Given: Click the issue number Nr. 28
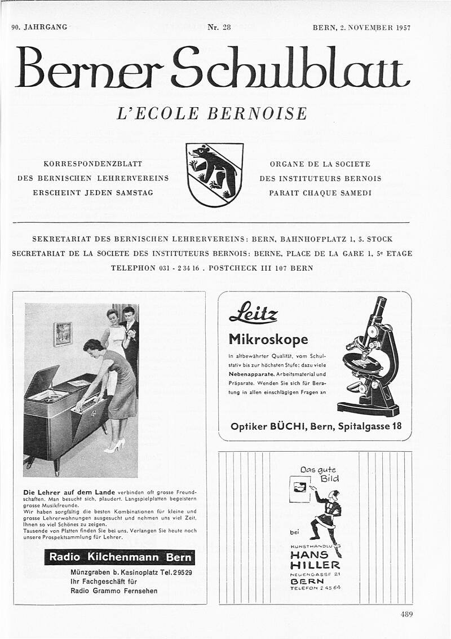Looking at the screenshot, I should point(219,27).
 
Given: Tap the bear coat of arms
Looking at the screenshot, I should point(215,174).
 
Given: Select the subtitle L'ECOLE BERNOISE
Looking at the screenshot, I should point(211,113).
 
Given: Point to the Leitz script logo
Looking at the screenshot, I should point(253,313).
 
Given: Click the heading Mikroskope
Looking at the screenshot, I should point(268,339).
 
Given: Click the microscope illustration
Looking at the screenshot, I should point(370,358).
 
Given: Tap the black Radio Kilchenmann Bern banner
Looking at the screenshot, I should point(120,557).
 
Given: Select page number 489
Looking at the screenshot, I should point(407,615).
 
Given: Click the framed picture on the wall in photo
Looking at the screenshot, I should point(63,333).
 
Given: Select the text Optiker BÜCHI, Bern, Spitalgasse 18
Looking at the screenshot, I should point(316,426).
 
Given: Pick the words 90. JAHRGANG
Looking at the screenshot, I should point(39,27).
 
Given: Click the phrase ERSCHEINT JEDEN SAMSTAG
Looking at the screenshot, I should point(93,193).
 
